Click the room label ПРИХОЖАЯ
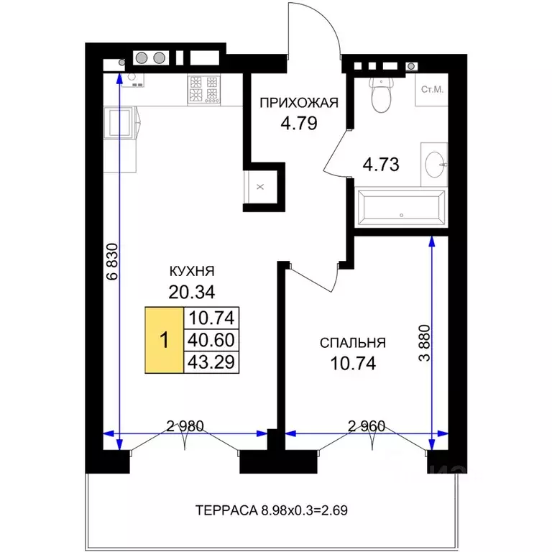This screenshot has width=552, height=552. tap(299, 103)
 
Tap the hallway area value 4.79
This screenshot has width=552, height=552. tap(299, 123)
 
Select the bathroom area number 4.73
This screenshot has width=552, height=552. tap(381, 165)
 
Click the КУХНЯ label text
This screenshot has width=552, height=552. tap(192, 271)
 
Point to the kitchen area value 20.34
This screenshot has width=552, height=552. tap(192, 292)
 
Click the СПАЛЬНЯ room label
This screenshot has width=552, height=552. tap(353, 343)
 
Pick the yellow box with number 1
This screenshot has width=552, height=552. tap(165, 340)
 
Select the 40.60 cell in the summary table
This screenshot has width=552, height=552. tap(211, 340)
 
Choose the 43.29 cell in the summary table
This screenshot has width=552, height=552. tap(211, 362)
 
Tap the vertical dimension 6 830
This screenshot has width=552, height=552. tap(112, 261)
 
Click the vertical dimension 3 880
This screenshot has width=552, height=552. tap(425, 343)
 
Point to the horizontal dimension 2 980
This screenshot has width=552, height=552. tap(185, 426)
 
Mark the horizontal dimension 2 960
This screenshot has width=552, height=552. tap(367, 426)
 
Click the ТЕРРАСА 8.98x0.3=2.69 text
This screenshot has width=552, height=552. tap(272, 510)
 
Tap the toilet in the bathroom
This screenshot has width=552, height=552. tap(381, 94)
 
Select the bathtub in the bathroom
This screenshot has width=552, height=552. tap(401, 207)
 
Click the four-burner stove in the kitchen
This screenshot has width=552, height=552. tap(204, 90)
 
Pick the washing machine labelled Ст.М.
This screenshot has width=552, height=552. tap(431, 89)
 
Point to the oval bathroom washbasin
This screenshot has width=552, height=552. tap(435, 165)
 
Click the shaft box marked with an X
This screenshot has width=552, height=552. tap(260, 187)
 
